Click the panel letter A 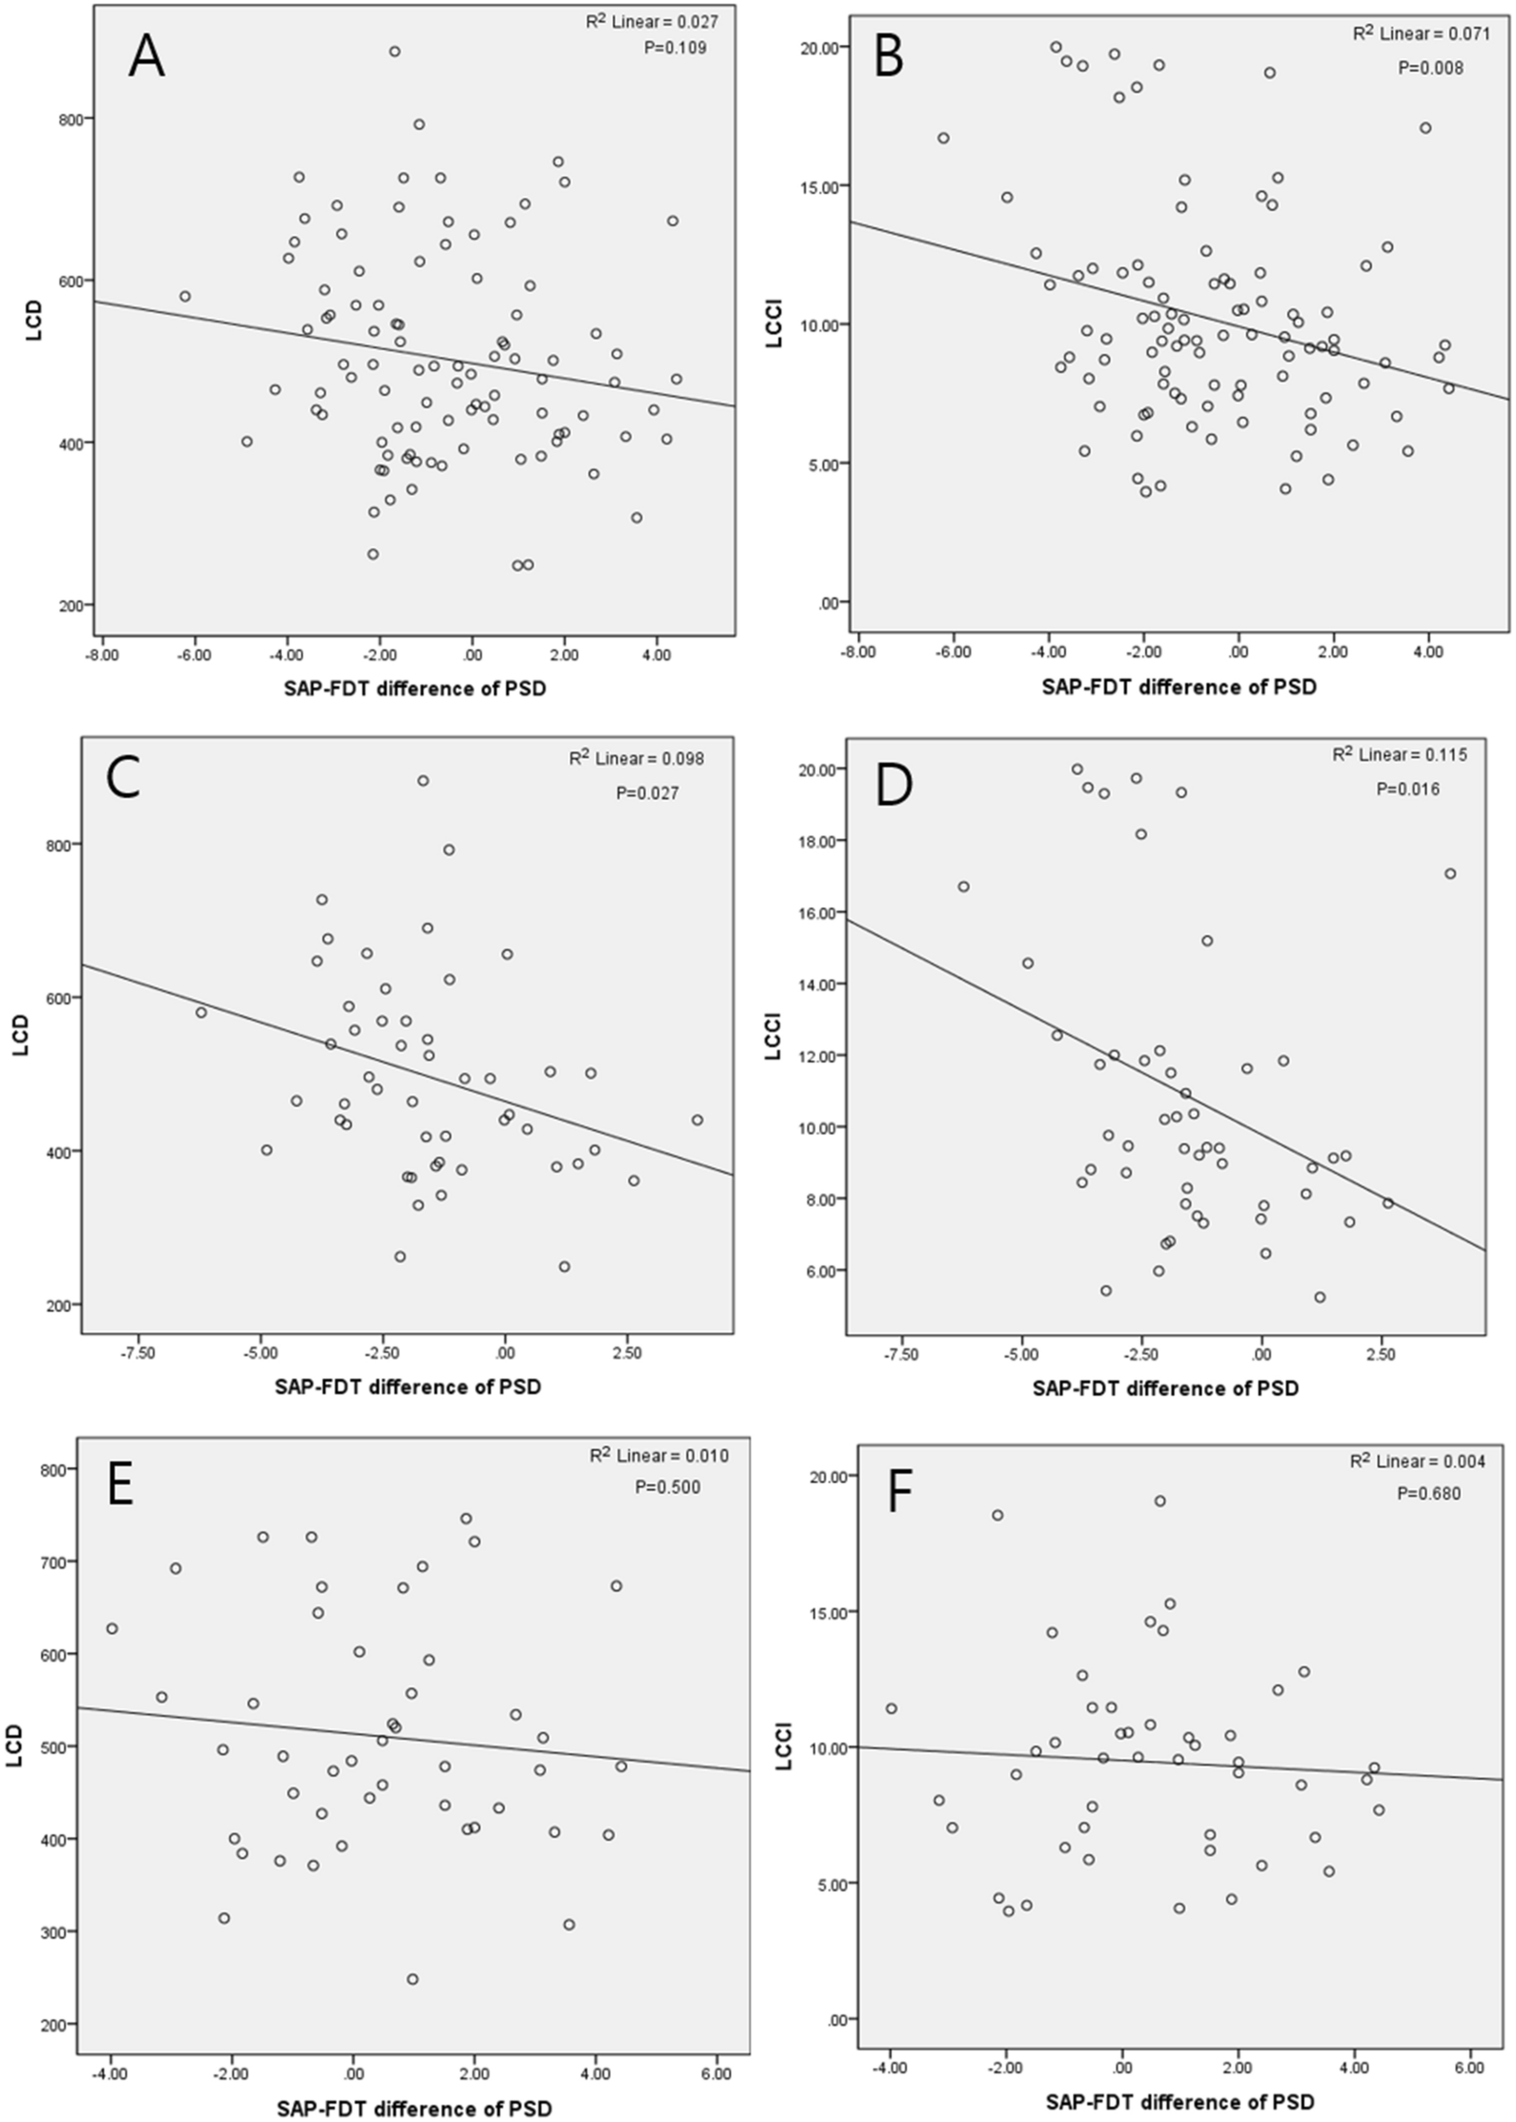click(x=146, y=56)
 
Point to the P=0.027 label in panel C click(x=647, y=793)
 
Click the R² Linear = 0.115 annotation click(x=1398, y=755)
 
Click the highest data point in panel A click(x=395, y=51)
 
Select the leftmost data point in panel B click(x=943, y=138)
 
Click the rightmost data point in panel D click(x=1450, y=873)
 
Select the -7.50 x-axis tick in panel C click(x=138, y=1354)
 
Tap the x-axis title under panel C click(x=408, y=1386)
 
